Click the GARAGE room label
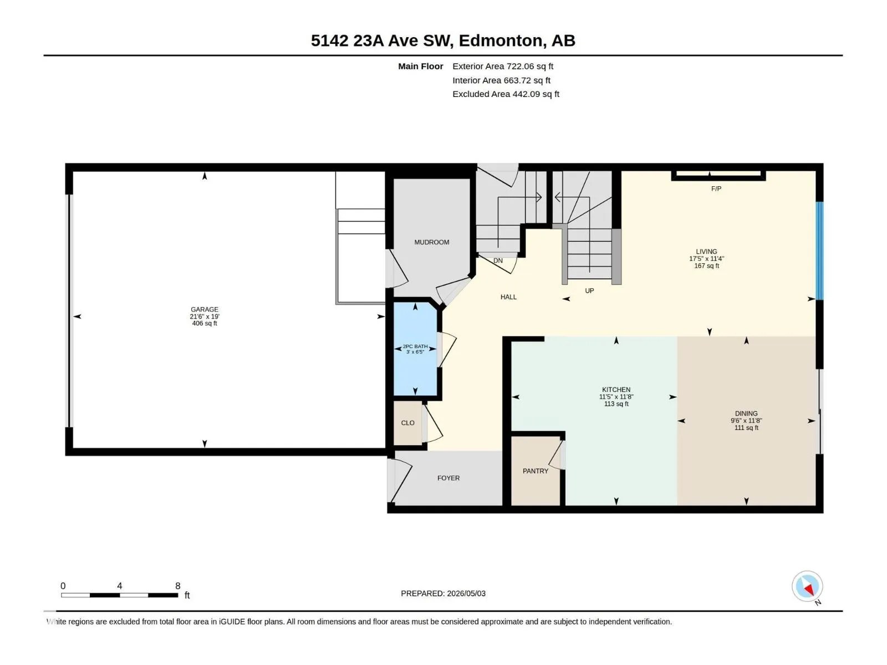click(205, 309)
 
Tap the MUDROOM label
click(431, 242)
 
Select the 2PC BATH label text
click(415, 346)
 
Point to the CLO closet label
click(407, 423)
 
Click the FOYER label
click(448, 478)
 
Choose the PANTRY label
click(536, 471)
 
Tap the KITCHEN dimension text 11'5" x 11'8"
click(616, 397)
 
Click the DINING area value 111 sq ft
click(746, 428)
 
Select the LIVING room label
click(706, 252)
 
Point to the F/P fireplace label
click(716, 188)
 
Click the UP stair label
click(590, 291)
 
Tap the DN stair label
click(498, 261)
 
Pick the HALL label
click(508, 297)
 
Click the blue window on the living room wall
click(819, 250)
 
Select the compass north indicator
click(807, 586)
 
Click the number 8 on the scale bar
click(178, 586)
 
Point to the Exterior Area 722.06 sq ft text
click(503, 66)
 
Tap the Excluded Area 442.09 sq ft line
click(506, 94)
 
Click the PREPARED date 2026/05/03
click(466, 594)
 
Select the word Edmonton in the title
click(500, 41)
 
